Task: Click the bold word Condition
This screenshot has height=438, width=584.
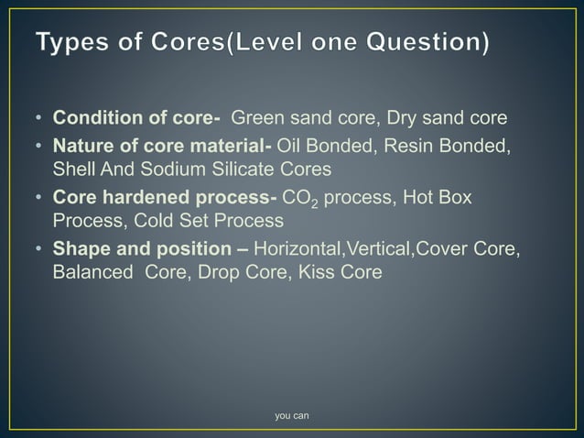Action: pos(96,119)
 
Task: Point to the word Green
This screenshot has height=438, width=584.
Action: pos(256,119)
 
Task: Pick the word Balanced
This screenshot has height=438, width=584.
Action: pos(91,273)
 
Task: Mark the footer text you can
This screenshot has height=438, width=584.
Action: pos(292,417)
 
